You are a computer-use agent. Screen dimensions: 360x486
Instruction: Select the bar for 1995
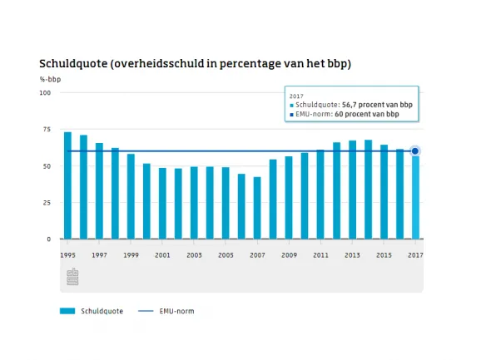click(67, 185)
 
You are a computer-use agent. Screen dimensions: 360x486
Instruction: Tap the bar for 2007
click(257, 208)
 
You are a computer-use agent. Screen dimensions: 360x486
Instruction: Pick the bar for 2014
click(368, 190)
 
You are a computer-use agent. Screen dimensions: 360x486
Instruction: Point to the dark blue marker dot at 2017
click(415, 151)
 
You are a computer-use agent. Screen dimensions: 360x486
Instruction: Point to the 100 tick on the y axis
click(45, 93)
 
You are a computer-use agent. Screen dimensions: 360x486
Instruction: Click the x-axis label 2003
click(194, 255)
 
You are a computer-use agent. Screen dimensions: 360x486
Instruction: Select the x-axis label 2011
click(320, 255)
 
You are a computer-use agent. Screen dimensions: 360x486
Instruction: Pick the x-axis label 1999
click(131, 255)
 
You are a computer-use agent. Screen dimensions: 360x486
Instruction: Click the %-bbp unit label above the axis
click(50, 80)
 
